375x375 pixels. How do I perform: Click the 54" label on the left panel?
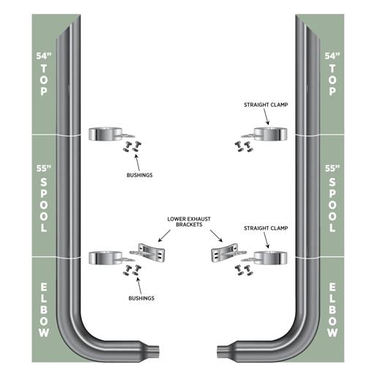pyautogui.click(x=44, y=56)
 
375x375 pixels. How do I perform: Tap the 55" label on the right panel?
pyautogui.click(x=332, y=168)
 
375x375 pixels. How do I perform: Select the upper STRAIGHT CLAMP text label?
pyautogui.click(x=266, y=105)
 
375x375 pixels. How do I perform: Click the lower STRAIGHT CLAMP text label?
pyautogui.click(x=266, y=229)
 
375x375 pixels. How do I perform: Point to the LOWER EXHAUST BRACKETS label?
pyautogui.click(x=189, y=222)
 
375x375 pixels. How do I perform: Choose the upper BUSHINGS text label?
pyautogui.click(x=139, y=175)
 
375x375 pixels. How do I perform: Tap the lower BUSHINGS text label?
pyautogui.click(x=141, y=298)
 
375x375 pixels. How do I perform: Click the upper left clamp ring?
pyautogui.click(x=105, y=134)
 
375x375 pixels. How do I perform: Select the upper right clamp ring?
pyautogui.click(x=270, y=134)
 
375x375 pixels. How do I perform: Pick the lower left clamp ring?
pyautogui.click(x=105, y=258)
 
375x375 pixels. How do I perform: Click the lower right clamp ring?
pyautogui.click(x=270, y=258)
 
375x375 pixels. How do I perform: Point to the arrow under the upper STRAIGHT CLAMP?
pyautogui.click(x=266, y=116)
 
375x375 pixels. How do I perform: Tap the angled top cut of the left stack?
pyautogui.click(x=68, y=27)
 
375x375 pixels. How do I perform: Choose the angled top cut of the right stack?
pyautogui.click(x=308, y=27)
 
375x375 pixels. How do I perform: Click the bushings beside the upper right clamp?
pyautogui.click(x=244, y=146)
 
